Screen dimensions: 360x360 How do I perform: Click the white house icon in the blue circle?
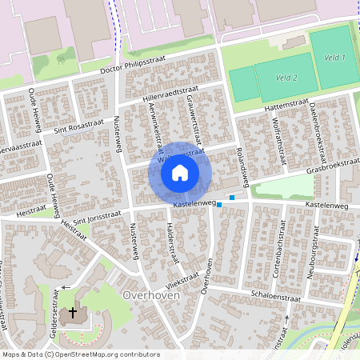click(180, 172)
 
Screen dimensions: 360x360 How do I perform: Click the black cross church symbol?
click(74, 312)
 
